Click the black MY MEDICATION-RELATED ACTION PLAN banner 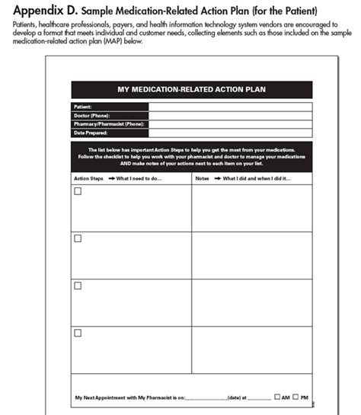191,89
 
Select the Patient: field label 83,107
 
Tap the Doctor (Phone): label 90,115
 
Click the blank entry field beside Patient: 228,107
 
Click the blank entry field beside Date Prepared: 228,132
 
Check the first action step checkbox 78,191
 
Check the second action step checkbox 78,238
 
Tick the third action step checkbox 78,285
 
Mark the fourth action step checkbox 78,332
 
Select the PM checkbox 296,397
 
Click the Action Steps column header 88,178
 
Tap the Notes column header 203,178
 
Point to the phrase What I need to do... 140,178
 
